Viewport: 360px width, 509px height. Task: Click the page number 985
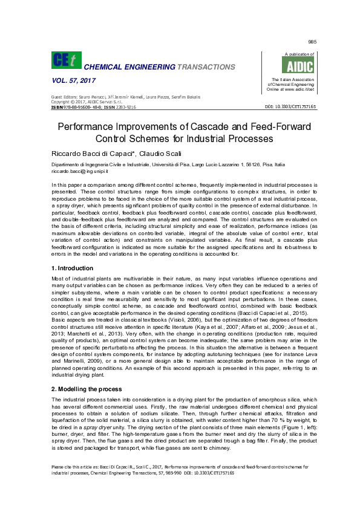(312, 42)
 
